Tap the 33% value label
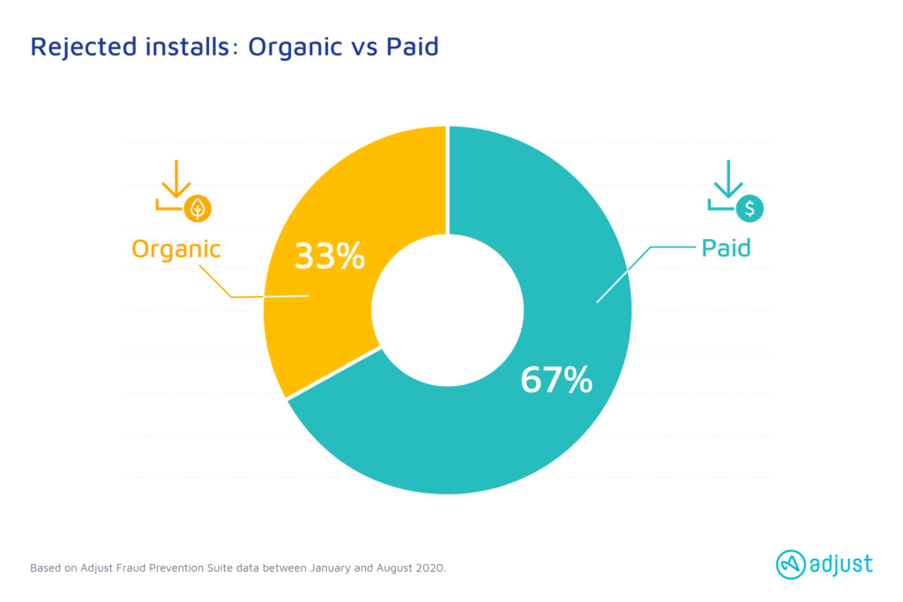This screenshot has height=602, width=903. (x=330, y=256)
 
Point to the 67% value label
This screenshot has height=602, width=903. (x=556, y=380)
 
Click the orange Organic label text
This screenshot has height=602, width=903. (x=176, y=249)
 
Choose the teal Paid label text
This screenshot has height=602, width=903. (x=727, y=248)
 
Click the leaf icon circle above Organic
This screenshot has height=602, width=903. (x=198, y=208)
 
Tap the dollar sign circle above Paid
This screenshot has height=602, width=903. (x=750, y=208)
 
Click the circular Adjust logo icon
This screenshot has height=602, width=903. (x=791, y=565)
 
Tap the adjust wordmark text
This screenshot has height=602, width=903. (x=841, y=564)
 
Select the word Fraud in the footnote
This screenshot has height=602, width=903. (x=131, y=568)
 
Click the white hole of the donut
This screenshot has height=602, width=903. (x=447, y=310)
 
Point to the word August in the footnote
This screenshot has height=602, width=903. (x=393, y=569)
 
